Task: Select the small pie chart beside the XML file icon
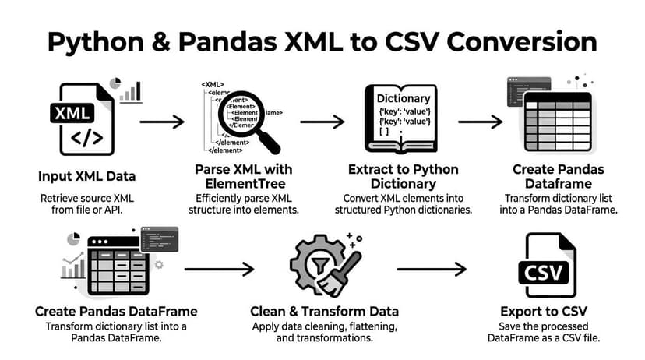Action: pyautogui.click(x=116, y=83)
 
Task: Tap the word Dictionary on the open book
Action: pyautogui.click(x=403, y=99)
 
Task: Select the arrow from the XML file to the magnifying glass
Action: pyautogui.click(x=161, y=122)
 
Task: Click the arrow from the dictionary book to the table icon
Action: pyautogui.click(x=480, y=122)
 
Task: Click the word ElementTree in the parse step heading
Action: pyautogui.click(x=241, y=184)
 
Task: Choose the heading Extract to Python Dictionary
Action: pyautogui.click(x=402, y=177)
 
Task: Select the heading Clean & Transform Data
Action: pyautogui.click(x=325, y=311)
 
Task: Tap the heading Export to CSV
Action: pyautogui.click(x=548, y=311)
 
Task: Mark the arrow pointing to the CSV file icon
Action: pyautogui.click(x=431, y=270)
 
